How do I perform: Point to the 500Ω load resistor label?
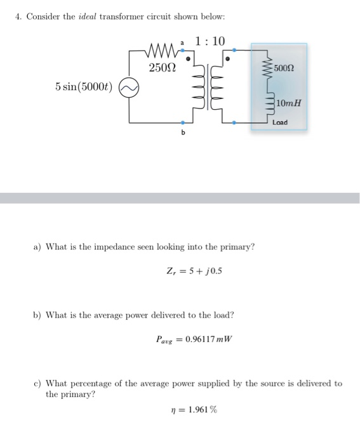pyautogui.click(x=284, y=68)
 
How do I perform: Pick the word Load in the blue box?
pyautogui.click(x=279, y=122)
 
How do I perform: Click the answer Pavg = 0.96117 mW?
pyautogui.click(x=194, y=338)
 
